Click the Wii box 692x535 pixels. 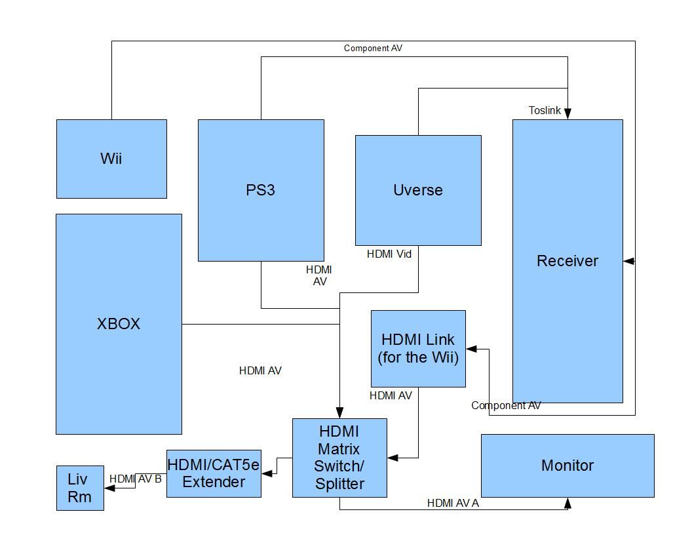click(x=111, y=159)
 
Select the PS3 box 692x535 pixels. click(x=261, y=190)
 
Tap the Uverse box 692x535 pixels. click(x=418, y=190)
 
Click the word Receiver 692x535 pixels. click(x=567, y=261)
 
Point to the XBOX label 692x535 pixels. click(x=119, y=324)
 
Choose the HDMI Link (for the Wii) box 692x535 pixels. click(x=418, y=349)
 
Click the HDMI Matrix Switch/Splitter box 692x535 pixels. click(x=339, y=458)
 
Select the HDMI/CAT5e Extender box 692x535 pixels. click(x=214, y=473)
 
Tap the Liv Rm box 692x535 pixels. click(x=80, y=488)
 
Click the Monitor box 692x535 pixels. click(x=567, y=466)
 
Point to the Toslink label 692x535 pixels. click(x=545, y=110)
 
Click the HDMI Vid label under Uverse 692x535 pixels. click(x=389, y=254)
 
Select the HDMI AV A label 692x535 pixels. click(x=453, y=503)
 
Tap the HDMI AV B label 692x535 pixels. click(x=136, y=479)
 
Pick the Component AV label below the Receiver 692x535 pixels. click(x=506, y=406)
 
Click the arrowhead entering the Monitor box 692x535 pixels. click(x=567, y=503)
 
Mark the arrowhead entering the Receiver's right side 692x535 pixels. click(x=628, y=261)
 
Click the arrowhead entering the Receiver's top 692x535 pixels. click(x=567, y=114)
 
